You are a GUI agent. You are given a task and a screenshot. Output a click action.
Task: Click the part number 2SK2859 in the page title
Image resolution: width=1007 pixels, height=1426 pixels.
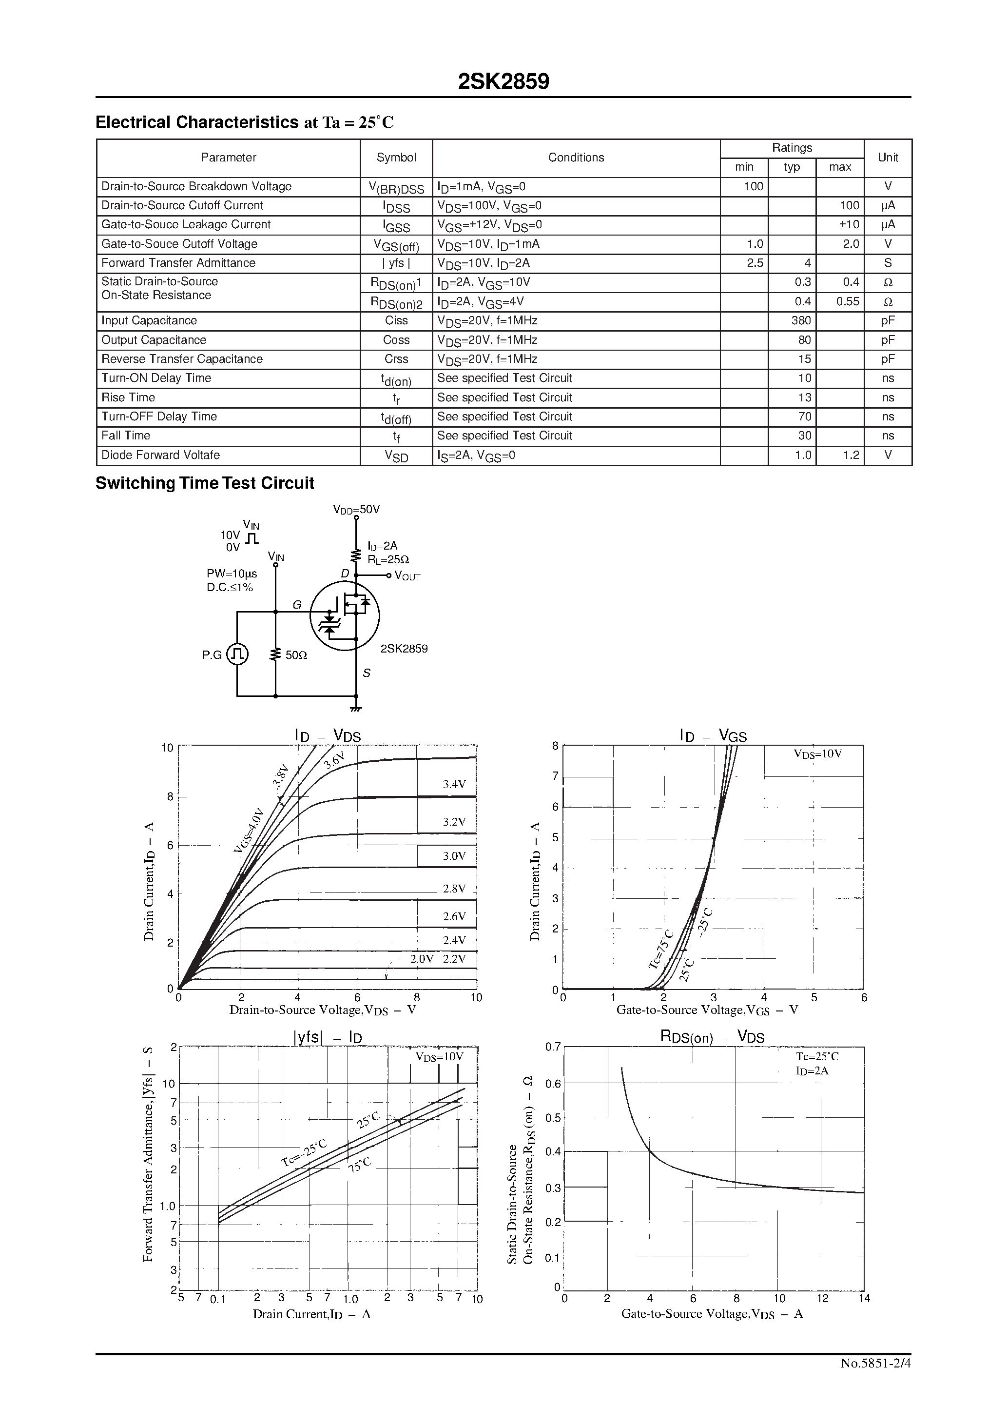coord(503,81)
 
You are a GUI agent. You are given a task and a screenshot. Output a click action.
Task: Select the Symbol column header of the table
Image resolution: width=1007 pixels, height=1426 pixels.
coord(396,158)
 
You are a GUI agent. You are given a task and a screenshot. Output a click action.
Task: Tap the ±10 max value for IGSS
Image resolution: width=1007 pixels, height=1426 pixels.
coord(849,224)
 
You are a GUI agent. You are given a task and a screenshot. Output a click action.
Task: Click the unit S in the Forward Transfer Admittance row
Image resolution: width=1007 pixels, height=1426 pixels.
coord(888,263)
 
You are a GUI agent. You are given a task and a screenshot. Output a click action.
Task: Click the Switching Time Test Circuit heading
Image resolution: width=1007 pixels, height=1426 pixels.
coord(204,483)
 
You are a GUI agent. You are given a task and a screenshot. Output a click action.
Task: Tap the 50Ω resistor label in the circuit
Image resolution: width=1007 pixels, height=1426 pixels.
coord(296,654)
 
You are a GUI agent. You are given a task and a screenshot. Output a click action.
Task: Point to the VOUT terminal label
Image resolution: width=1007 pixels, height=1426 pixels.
coord(408,576)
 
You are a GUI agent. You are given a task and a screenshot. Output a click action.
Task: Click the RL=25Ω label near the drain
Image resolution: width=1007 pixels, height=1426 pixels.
coord(388,559)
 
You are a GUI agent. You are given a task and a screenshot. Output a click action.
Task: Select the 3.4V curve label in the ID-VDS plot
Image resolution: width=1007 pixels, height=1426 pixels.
coord(454,784)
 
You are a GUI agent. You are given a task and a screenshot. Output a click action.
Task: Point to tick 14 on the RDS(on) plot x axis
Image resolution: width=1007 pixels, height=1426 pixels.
coord(864,1298)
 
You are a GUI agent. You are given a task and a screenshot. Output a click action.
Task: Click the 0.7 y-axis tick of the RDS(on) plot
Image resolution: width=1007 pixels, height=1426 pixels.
coord(553,1047)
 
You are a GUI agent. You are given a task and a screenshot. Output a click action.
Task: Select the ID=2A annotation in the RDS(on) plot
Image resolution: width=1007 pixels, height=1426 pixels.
coord(812,1071)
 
